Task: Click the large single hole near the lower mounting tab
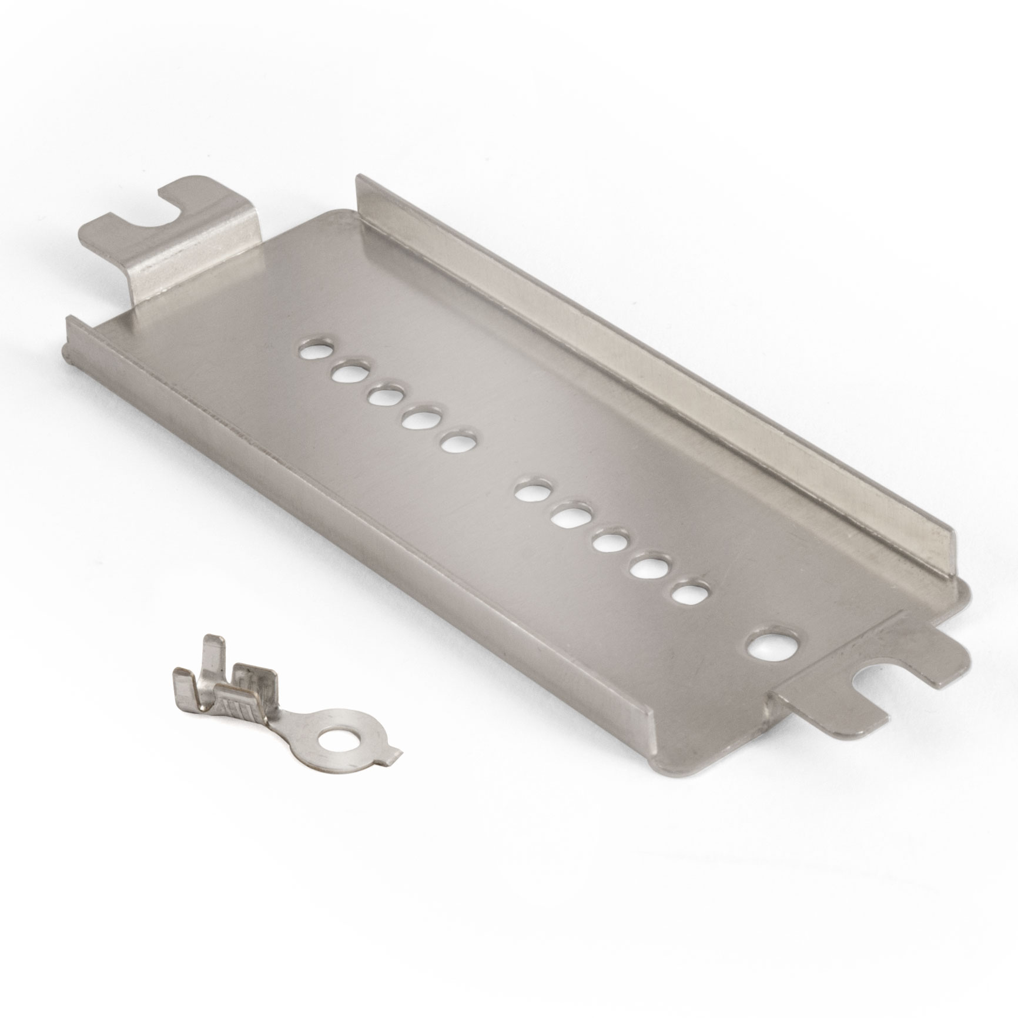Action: [775, 648]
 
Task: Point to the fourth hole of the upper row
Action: [422, 418]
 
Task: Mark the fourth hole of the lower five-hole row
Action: [647, 567]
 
